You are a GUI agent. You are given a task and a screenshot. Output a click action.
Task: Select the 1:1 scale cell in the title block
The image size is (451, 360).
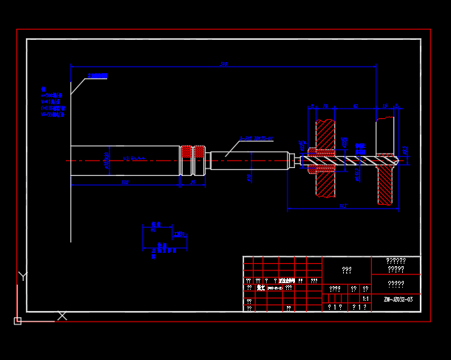[365, 298]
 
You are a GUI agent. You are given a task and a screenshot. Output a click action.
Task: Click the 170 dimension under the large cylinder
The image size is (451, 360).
[125, 182]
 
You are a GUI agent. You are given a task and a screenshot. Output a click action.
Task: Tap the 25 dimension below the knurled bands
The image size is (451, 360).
[193, 182]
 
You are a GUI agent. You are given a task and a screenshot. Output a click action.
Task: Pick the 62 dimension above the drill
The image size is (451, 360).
[355, 106]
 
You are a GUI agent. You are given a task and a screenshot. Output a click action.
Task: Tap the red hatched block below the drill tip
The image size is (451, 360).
[385, 185]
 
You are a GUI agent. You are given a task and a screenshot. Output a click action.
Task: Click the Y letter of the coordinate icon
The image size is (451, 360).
[23, 276]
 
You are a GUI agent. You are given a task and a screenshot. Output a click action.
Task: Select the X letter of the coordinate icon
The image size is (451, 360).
[62, 316]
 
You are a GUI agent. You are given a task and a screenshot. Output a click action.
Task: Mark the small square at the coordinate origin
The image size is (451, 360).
[18, 321]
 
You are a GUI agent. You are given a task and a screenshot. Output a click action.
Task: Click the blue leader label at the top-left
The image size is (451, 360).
[98, 76]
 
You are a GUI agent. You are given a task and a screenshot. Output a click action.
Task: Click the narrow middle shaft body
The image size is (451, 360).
[248, 160]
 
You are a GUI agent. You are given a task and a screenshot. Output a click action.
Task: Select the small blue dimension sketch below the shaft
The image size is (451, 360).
[163, 239]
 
